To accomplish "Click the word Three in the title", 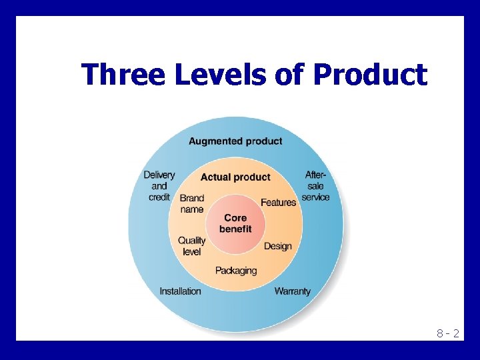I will (122, 75).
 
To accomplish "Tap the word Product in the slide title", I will (370, 75).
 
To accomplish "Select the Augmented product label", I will (235, 141).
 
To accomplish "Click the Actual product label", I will (235, 177).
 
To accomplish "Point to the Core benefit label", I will (235, 223).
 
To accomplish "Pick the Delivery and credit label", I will (159, 186).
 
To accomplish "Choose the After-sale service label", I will (315, 186).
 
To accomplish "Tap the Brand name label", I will (192, 203).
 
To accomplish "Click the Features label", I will (278, 202).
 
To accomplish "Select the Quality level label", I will (192, 246).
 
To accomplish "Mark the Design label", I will (278, 246).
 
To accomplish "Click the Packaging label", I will (235, 271).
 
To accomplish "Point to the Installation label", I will (180, 291).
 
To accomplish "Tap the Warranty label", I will (292, 291).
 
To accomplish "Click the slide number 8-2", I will (447, 333).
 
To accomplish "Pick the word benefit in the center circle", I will (235, 229).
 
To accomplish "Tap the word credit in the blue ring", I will (159, 197).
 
